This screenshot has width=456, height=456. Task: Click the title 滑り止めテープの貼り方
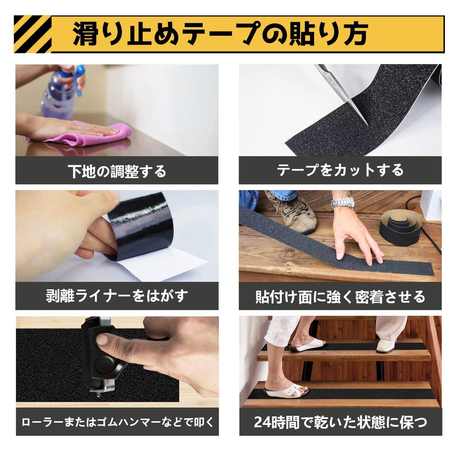pyautogui.click(x=220, y=34)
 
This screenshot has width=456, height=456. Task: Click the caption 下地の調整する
pyautogui.click(x=117, y=171)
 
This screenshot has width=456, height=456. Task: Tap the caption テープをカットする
pyautogui.click(x=340, y=170)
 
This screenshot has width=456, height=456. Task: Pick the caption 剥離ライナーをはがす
pyautogui.click(x=117, y=296)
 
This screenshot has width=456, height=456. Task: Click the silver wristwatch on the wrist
pyautogui.click(x=342, y=202)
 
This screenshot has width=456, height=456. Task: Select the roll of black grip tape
pyautogui.click(x=401, y=227)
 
